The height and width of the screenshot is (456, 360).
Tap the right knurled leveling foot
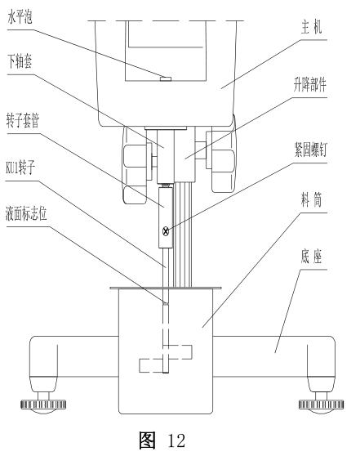(316, 403)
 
